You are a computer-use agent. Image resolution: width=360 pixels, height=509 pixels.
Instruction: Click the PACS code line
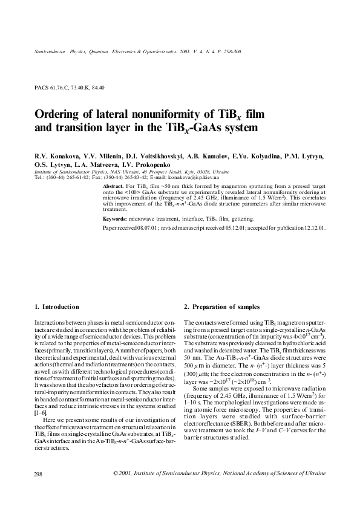(x=70, y=88)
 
